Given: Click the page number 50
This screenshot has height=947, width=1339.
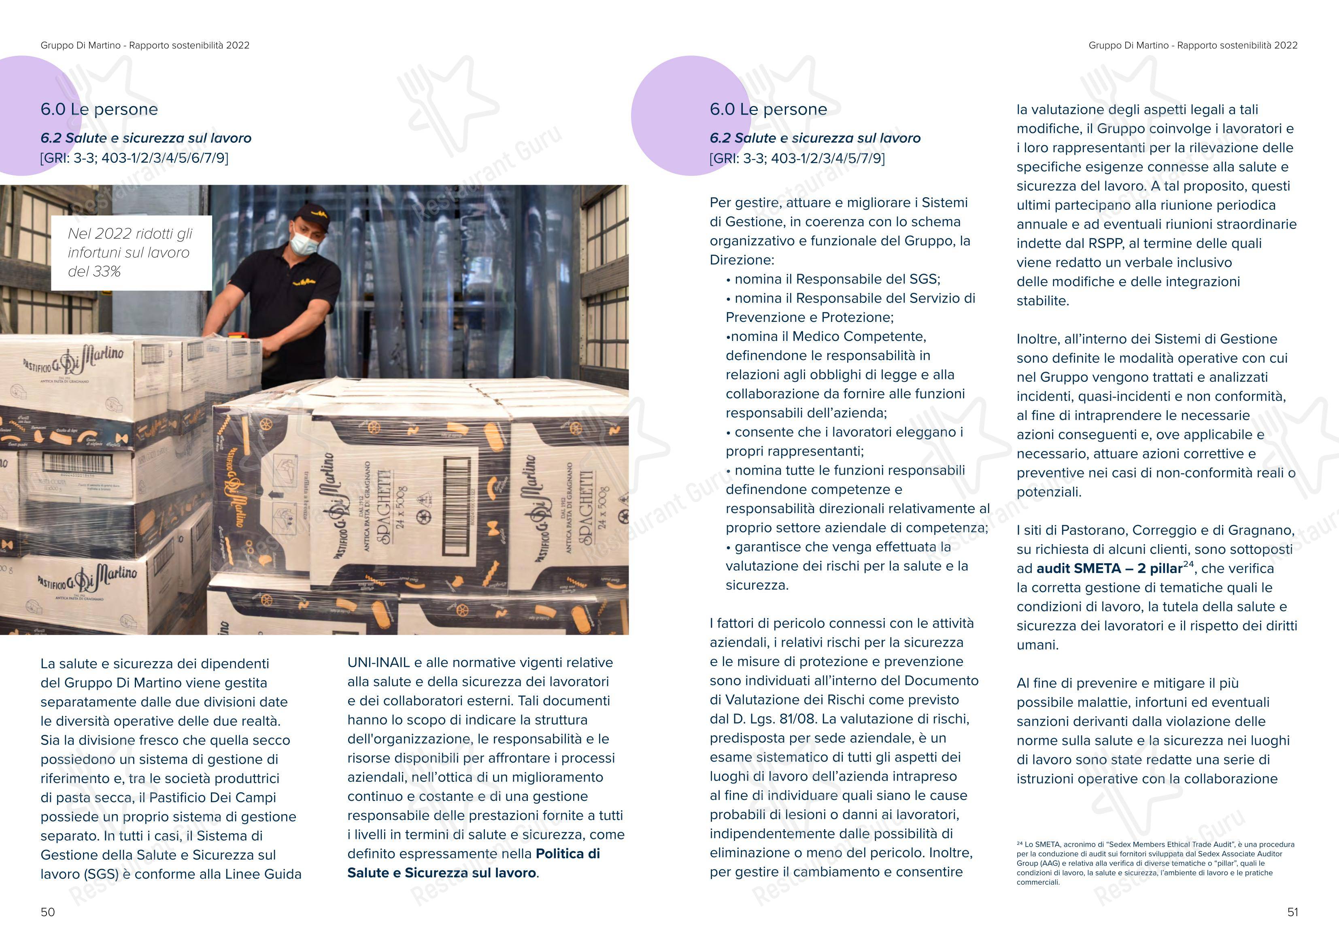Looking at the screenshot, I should tap(48, 912).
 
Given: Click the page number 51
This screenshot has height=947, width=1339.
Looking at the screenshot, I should tap(1292, 912).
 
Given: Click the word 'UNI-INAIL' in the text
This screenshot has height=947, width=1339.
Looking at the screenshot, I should tap(378, 663).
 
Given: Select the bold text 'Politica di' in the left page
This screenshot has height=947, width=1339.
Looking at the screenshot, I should tap(567, 853).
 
